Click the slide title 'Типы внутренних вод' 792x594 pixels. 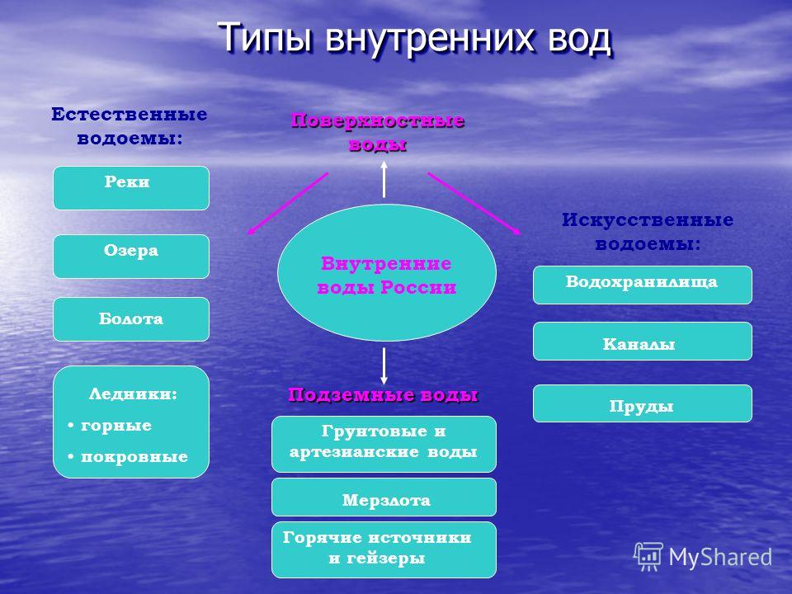(x=415, y=39)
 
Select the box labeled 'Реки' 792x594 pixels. (x=131, y=188)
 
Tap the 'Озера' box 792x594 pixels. (x=131, y=257)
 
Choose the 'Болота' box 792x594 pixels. (x=131, y=319)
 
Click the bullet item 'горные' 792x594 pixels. (x=115, y=426)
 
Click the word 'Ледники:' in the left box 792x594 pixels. (x=134, y=394)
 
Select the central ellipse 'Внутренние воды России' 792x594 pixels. (x=387, y=273)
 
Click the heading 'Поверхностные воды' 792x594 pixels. (x=378, y=132)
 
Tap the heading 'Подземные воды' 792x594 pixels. (x=383, y=395)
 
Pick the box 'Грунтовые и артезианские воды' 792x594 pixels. (x=384, y=445)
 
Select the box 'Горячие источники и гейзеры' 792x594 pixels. (x=384, y=550)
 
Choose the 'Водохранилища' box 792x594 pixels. (x=643, y=285)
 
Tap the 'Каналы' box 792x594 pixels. (x=643, y=342)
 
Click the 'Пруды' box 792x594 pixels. (x=643, y=403)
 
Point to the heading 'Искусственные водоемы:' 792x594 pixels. (x=648, y=232)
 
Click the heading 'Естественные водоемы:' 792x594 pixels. (x=130, y=126)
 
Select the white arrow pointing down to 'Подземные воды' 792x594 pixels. (x=384, y=366)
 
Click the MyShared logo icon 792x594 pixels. (x=648, y=556)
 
